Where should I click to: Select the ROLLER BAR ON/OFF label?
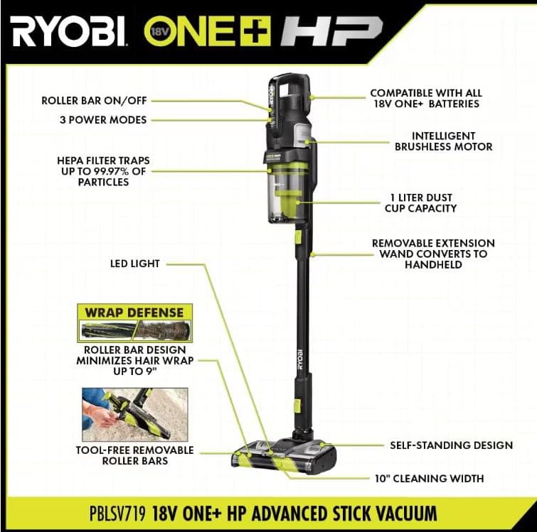[x=105, y=100]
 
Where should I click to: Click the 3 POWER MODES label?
[x=104, y=119]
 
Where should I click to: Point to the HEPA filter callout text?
[x=103, y=171]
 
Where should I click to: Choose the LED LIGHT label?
[x=134, y=264]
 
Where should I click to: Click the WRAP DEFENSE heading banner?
[x=134, y=313]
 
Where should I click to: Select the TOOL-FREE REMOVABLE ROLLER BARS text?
[x=134, y=455]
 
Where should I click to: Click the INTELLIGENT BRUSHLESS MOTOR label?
[x=444, y=141]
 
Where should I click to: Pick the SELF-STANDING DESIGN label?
[x=451, y=445]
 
